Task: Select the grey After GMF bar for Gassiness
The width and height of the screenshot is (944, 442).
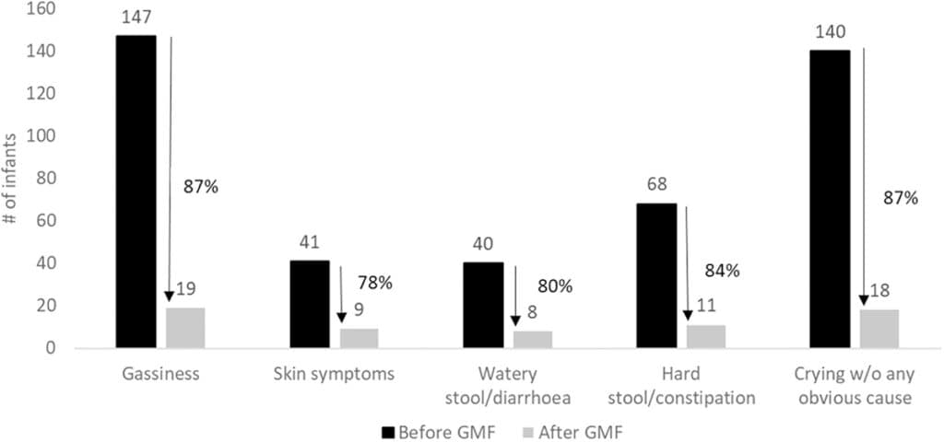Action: click(184, 328)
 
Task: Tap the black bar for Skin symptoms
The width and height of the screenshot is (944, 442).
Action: click(309, 304)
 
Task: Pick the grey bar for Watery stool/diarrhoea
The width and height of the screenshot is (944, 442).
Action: click(532, 339)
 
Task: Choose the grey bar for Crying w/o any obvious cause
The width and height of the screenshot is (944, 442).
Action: click(879, 329)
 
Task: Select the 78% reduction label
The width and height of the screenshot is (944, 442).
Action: click(375, 282)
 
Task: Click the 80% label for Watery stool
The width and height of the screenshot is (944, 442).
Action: click(555, 285)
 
